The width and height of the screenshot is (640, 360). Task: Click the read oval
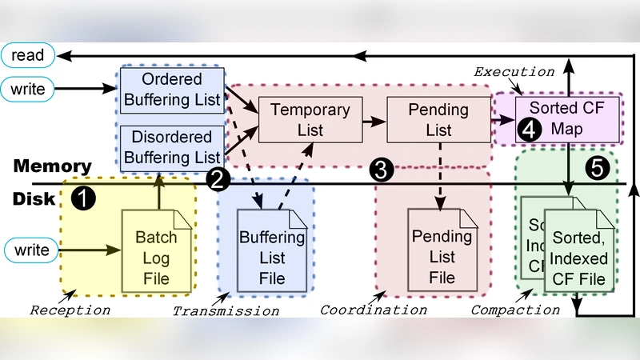(x=28, y=55)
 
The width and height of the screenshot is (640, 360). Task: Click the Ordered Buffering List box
(x=172, y=89)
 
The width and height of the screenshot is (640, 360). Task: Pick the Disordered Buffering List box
(x=172, y=146)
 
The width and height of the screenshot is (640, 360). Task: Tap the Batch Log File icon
(x=156, y=249)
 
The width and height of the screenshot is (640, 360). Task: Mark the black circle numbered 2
(x=218, y=179)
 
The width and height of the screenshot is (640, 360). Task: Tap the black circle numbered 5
(x=597, y=167)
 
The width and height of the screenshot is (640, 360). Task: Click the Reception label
(x=70, y=309)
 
